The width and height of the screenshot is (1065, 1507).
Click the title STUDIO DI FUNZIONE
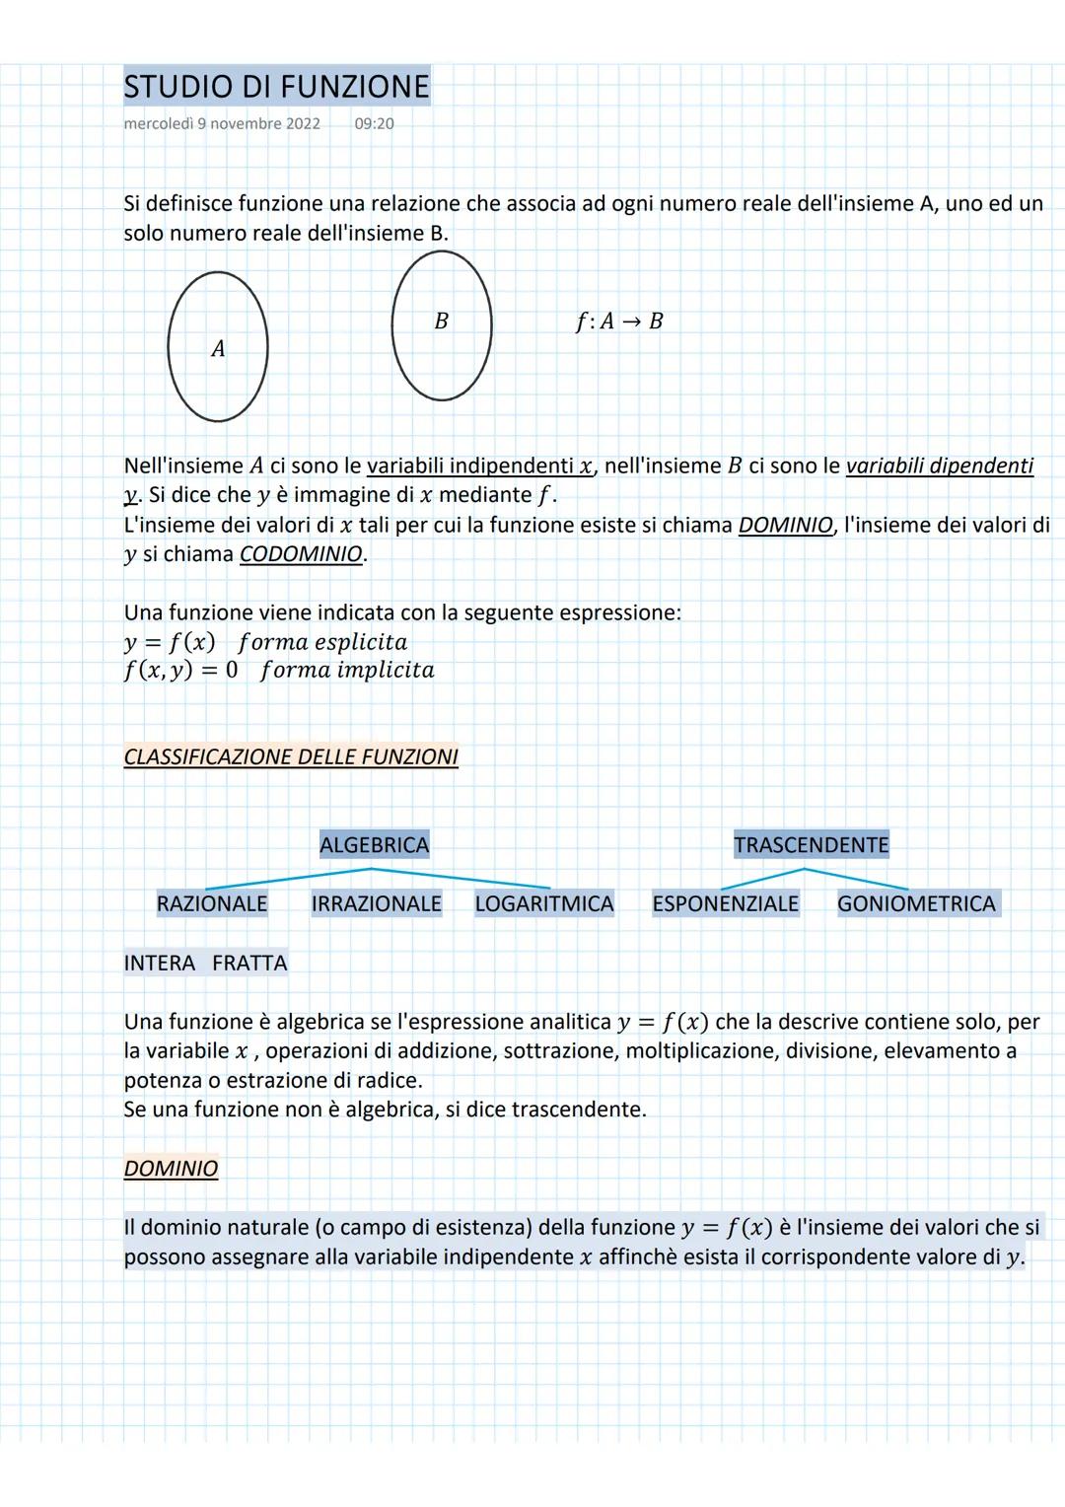click(x=276, y=87)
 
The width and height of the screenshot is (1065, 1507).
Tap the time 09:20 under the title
click(x=374, y=123)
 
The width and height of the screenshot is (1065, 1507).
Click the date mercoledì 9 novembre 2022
click(x=222, y=123)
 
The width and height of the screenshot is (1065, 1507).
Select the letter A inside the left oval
click(x=218, y=348)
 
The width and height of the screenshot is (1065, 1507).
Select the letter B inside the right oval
click(x=441, y=321)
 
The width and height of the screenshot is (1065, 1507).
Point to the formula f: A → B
click(x=619, y=321)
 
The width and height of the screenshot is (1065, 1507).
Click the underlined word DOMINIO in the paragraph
click(x=785, y=525)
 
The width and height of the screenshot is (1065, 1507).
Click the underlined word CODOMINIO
click(x=302, y=554)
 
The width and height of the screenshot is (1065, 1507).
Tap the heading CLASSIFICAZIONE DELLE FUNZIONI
click(x=291, y=756)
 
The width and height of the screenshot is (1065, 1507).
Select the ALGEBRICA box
click(x=374, y=844)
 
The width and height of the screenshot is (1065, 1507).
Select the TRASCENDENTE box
click(x=811, y=844)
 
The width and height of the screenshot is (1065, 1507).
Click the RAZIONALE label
click(x=212, y=903)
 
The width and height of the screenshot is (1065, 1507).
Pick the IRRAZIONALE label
click(x=376, y=903)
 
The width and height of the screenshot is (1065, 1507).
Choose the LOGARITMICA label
click(x=543, y=903)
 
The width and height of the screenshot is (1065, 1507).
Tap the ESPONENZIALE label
click(x=725, y=903)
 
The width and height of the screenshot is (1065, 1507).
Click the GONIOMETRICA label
click(x=916, y=903)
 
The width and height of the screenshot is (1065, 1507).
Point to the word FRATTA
click(x=248, y=963)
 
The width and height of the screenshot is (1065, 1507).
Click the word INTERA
click(x=160, y=963)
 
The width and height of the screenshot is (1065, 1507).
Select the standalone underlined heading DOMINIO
click(x=171, y=1169)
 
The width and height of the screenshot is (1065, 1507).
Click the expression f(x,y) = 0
click(x=180, y=671)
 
